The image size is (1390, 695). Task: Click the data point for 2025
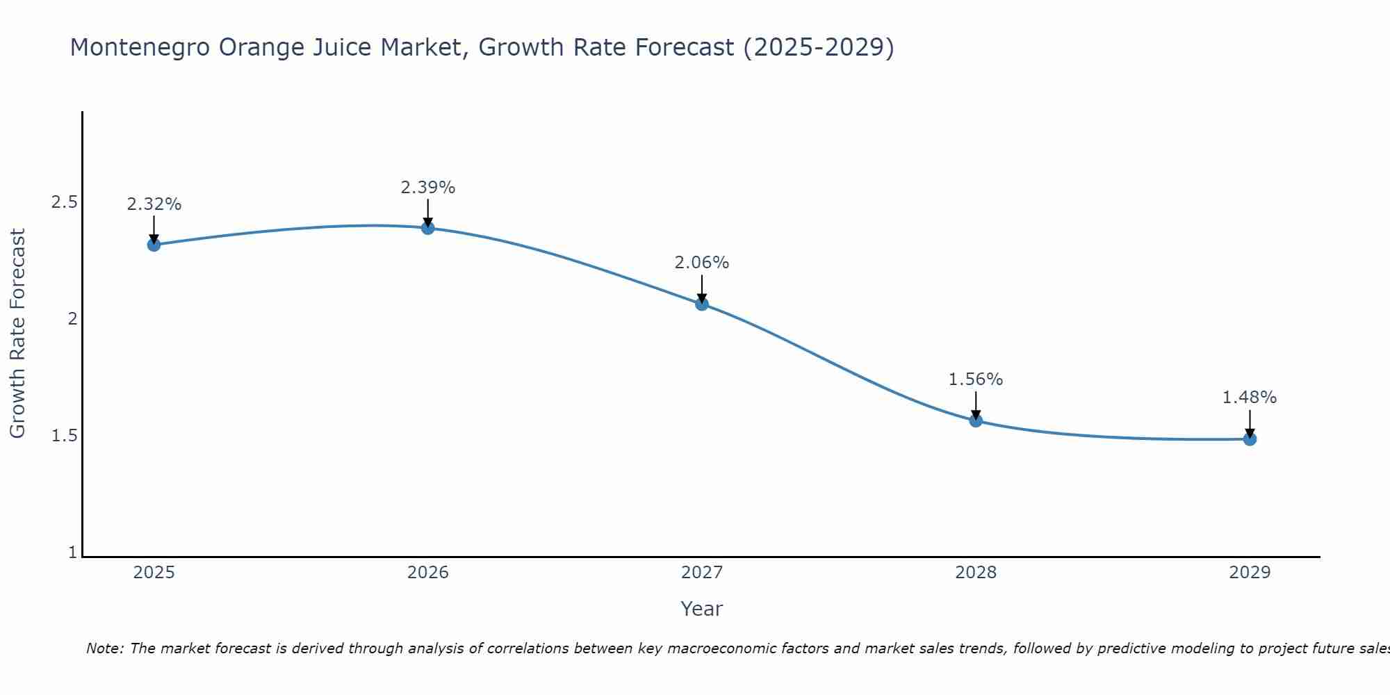[x=154, y=245]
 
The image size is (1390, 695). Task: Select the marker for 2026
[x=427, y=228]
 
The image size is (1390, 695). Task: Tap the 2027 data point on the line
[x=702, y=304]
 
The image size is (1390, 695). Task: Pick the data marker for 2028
[x=976, y=420]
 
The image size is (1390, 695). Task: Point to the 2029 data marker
[x=1250, y=439]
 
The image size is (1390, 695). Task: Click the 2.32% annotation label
[x=154, y=204]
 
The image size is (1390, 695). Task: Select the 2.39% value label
[x=427, y=188]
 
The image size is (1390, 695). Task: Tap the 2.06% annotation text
[x=702, y=263]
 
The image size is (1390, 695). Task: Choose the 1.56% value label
[x=976, y=379]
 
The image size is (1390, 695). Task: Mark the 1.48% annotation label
[x=1250, y=398]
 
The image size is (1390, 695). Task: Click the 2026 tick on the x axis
[x=427, y=573]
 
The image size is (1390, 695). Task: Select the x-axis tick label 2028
[x=976, y=573]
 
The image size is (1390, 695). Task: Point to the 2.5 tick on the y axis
[x=64, y=202]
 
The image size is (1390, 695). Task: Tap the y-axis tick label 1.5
[x=64, y=436]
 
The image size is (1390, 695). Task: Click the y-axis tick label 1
[x=72, y=553]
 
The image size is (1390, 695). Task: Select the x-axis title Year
[x=702, y=609]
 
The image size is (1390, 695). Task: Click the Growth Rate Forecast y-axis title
[x=17, y=334]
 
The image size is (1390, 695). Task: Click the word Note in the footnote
[x=104, y=648]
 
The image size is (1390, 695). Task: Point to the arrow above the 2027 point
[x=702, y=288]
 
